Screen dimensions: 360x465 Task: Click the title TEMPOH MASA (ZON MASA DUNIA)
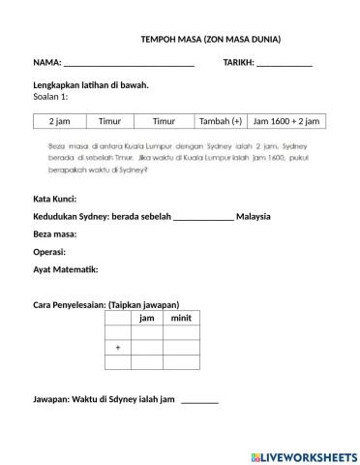(211, 40)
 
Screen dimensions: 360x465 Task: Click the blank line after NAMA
(129, 64)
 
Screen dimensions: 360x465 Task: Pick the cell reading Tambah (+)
(221, 121)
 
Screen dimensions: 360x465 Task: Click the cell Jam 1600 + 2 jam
(285, 121)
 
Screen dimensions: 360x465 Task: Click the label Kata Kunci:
(55, 199)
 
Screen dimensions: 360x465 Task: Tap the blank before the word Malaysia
(202, 217)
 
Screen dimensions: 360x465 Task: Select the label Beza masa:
(54, 234)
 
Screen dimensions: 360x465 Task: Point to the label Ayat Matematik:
(65, 268)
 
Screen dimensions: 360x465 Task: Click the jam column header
(146, 319)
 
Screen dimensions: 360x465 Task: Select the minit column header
(180, 319)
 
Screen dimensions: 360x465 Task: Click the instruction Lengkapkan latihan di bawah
(90, 85)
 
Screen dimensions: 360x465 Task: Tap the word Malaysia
(253, 216)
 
